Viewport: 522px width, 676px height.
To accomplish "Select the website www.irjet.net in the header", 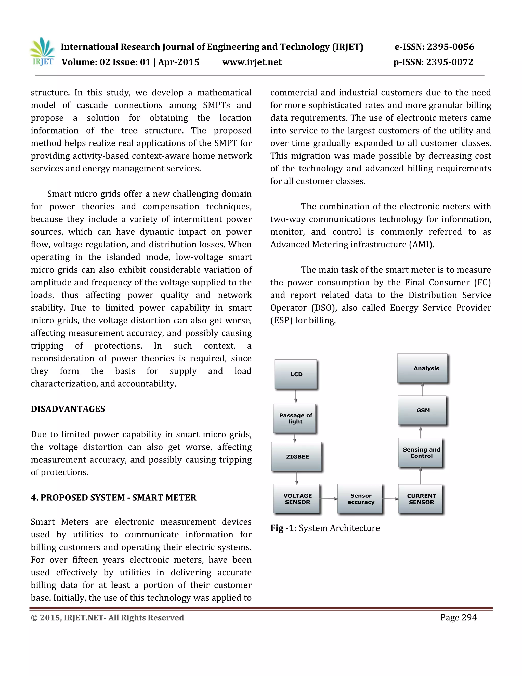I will click(x=252, y=62).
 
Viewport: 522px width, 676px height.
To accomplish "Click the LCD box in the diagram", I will click(x=296, y=374).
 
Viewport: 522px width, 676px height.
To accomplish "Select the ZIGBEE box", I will click(x=297, y=456).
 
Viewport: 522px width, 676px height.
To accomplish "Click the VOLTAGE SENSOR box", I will click(x=297, y=499).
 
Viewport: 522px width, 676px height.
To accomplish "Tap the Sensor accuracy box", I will click(x=360, y=499).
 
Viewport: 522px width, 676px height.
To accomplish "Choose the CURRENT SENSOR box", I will click(x=421, y=499).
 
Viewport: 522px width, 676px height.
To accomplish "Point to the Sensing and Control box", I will click(x=421, y=453).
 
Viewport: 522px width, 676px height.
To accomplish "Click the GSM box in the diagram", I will click(x=422, y=410).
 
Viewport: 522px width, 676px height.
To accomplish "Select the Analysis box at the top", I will click(x=422, y=368).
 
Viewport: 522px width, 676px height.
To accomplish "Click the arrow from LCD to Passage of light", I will click(x=296, y=396).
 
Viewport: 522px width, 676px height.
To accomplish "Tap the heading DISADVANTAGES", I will click(x=68, y=409).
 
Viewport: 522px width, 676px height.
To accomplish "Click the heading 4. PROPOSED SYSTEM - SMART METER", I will click(x=113, y=497).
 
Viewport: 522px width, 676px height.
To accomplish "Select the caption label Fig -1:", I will click(x=283, y=528).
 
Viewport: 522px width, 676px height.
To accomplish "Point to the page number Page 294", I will click(x=458, y=618).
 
